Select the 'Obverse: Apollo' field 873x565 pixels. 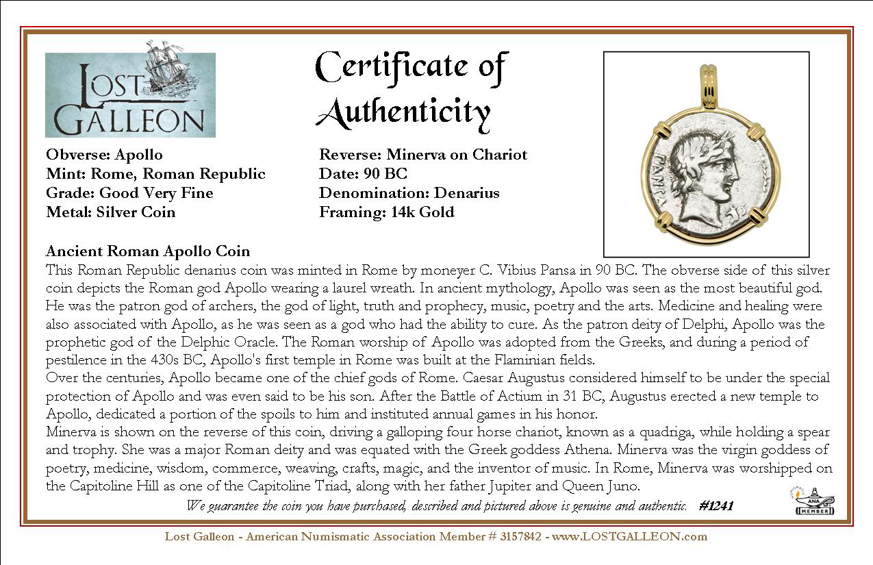(104, 155)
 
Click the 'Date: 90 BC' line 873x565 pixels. (363, 174)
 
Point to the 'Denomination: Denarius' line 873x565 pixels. (409, 193)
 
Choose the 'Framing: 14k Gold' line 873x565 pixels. (386, 212)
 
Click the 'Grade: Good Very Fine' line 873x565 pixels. (129, 193)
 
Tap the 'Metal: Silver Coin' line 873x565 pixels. (110, 212)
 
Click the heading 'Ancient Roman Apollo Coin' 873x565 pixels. (147, 251)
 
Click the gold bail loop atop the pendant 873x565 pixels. (707, 85)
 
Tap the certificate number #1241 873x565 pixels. (716, 506)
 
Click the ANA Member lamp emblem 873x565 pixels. (815, 501)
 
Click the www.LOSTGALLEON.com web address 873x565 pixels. (629, 536)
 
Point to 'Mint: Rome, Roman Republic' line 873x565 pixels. (155, 174)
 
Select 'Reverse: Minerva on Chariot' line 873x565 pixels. (423, 155)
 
